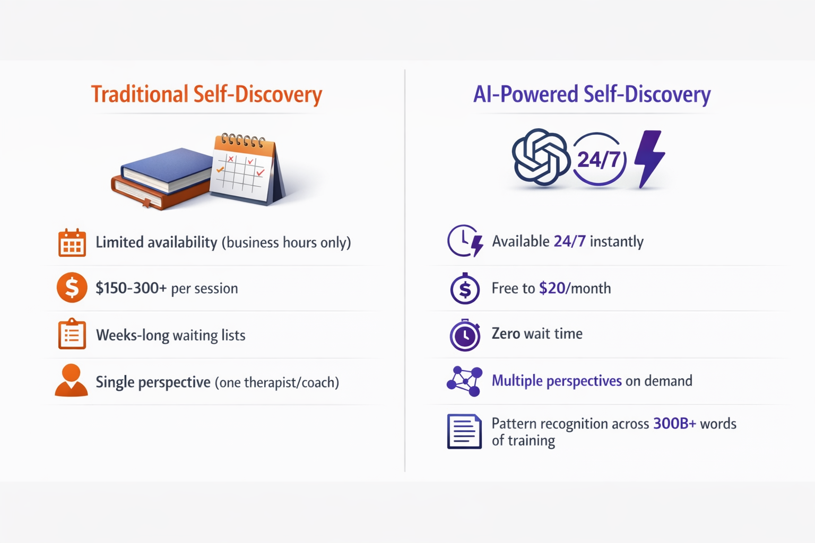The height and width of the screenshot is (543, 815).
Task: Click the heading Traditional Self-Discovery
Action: click(x=206, y=94)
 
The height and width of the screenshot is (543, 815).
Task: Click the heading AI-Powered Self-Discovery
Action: click(x=592, y=94)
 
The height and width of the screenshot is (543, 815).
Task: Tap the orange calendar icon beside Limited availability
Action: click(x=72, y=243)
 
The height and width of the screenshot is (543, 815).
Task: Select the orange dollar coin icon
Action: click(x=72, y=288)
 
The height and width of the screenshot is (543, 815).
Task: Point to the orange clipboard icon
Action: click(x=72, y=334)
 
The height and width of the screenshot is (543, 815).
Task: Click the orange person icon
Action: click(x=71, y=381)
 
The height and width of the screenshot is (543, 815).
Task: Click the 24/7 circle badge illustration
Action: click(x=599, y=159)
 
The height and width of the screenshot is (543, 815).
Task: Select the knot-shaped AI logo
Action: click(x=540, y=157)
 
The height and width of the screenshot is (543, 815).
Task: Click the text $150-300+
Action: click(x=131, y=288)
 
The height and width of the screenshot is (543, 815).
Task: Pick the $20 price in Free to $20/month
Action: click(x=552, y=288)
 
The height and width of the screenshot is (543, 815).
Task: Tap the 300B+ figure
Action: click(x=674, y=424)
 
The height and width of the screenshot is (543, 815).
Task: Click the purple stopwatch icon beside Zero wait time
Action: click(x=465, y=335)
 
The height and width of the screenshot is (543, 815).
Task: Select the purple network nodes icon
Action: click(x=464, y=381)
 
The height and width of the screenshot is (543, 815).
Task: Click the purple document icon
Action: click(x=464, y=432)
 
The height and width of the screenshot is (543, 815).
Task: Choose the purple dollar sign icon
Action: click(x=465, y=289)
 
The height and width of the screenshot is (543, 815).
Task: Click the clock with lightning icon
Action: click(x=465, y=241)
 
